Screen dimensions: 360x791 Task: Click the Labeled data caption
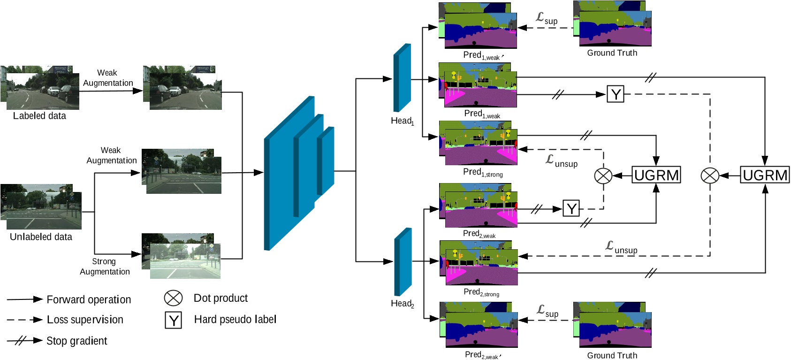(39, 116)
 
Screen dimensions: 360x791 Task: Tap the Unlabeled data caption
(41, 237)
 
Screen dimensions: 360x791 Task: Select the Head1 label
(402, 121)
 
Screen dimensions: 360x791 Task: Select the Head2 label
(402, 304)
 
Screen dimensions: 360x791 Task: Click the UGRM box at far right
(765, 175)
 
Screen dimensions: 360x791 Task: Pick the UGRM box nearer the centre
(656, 175)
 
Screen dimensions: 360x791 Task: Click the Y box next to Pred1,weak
(615, 94)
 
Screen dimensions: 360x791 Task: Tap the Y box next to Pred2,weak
(571, 208)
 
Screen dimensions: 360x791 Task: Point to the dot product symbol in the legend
(173, 298)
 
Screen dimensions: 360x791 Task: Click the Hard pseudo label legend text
(235, 320)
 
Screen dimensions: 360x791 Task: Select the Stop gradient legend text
(76, 341)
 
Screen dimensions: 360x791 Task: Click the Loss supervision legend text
(85, 320)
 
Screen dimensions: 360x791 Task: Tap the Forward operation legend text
(89, 299)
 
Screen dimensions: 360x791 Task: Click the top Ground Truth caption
(612, 53)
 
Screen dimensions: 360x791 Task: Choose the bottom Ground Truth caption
(612, 355)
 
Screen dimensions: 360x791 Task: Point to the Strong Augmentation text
(105, 267)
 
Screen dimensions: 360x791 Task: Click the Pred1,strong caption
(483, 172)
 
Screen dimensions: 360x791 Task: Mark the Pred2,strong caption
(481, 292)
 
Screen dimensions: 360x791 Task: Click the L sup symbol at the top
(547, 18)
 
